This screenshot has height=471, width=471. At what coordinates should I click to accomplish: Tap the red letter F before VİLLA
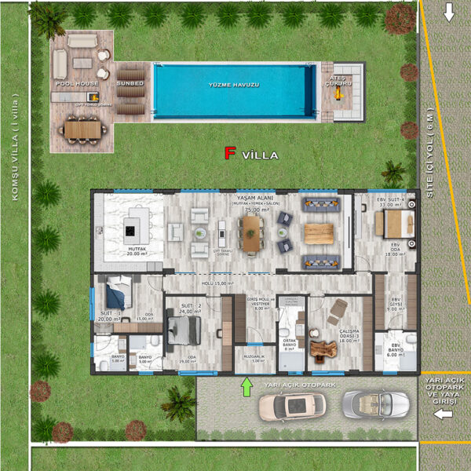tap(230, 154)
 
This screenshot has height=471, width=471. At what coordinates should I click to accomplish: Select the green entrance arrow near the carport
tap(247, 385)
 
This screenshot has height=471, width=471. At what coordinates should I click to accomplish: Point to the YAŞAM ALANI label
tap(249, 199)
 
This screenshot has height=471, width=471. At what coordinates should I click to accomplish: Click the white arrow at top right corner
tap(449, 13)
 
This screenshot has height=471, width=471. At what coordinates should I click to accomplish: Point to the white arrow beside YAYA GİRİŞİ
tap(444, 414)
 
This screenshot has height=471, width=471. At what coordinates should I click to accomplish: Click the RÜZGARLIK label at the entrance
tap(255, 357)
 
